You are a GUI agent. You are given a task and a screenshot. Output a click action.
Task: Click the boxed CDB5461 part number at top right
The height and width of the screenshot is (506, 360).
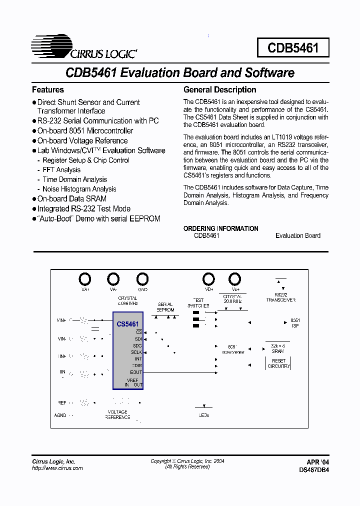292,48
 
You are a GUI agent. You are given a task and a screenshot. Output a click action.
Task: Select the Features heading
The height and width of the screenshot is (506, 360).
48,90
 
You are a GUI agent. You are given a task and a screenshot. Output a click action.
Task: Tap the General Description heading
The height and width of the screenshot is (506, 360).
220,90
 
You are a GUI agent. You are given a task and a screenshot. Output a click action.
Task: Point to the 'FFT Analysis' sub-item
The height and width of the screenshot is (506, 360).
61,170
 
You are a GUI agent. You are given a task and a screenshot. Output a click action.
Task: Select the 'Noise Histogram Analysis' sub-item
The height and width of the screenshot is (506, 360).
79,189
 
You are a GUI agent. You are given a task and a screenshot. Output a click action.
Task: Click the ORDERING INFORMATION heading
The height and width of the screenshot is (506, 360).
221,228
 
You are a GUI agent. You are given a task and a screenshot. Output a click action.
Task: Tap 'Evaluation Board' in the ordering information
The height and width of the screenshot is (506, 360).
298,235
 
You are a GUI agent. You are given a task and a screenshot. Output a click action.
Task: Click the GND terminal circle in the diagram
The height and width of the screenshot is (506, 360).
142,278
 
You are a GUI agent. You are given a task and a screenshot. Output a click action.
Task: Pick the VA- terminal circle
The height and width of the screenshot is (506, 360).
113,278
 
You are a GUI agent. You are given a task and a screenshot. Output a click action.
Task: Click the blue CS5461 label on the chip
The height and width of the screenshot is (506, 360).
127,324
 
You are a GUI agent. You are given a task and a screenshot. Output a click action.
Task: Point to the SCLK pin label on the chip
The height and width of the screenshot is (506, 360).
136,352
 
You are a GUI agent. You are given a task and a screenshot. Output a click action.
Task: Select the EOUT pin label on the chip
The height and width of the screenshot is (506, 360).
136,372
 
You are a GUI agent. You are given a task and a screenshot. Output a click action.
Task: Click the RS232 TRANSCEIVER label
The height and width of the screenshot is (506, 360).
280,297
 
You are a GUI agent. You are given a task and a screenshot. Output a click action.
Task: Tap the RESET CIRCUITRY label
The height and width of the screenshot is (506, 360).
278,363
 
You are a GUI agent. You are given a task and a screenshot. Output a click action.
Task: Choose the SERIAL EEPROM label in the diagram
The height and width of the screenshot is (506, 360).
165,307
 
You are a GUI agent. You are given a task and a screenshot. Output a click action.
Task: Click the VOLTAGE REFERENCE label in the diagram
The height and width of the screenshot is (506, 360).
117,414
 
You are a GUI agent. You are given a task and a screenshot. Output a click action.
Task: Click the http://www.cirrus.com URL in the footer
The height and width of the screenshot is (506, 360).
57,468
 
